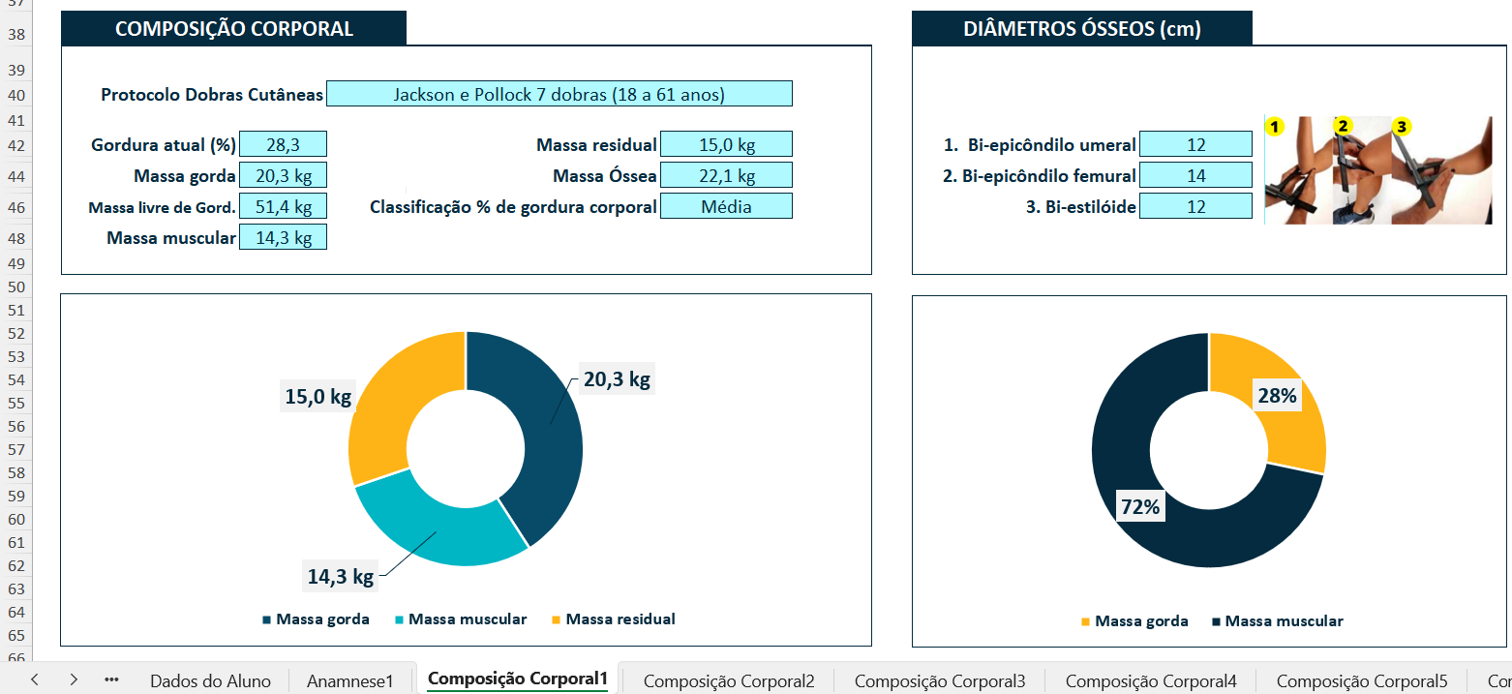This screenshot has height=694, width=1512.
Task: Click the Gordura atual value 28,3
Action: click(283, 144)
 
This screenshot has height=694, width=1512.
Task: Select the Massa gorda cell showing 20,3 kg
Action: click(283, 175)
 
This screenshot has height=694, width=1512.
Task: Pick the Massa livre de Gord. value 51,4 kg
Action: click(283, 206)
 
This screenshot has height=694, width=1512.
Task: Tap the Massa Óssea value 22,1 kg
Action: click(726, 175)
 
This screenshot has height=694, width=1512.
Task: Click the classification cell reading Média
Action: click(726, 206)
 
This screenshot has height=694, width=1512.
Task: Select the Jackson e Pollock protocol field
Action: click(559, 94)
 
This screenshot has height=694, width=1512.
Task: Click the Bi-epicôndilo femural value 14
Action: click(1196, 175)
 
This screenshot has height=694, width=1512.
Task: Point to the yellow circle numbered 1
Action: click(1275, 126)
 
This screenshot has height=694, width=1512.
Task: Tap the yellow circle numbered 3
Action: click(1402, 126)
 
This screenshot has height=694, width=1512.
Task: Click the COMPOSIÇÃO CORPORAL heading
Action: click(233, 29)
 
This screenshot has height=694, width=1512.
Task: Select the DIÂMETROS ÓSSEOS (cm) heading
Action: click(1082, 29)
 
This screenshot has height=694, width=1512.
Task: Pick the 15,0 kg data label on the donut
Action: click(318, 396)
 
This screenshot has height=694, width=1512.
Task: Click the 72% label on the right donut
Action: click(1140, 506)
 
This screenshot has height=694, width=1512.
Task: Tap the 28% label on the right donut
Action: click(1277, 396)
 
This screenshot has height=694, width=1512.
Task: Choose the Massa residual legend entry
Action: click(614, 619)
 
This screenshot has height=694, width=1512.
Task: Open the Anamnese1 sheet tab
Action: click(349, 680)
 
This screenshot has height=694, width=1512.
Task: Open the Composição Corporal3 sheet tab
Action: click(940, 680)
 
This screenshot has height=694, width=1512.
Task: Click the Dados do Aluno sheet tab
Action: click(210, 680)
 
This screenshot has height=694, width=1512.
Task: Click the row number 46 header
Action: click(16, 207)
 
